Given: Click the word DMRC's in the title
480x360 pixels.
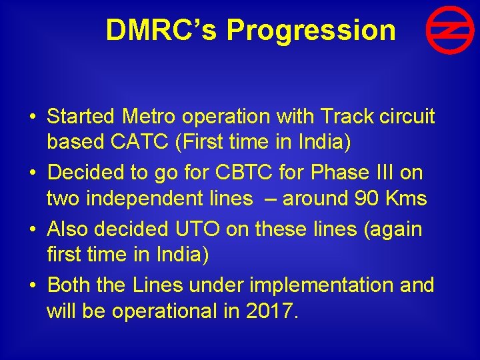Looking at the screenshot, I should point(161,30).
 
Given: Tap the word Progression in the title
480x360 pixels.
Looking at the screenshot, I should point(311,30).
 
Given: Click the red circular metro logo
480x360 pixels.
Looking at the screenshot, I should point(450,30).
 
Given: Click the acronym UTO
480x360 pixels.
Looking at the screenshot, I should point(198,229).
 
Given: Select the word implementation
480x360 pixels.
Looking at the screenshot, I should point(328,285).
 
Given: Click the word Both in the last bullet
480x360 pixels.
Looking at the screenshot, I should point(69,285).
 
